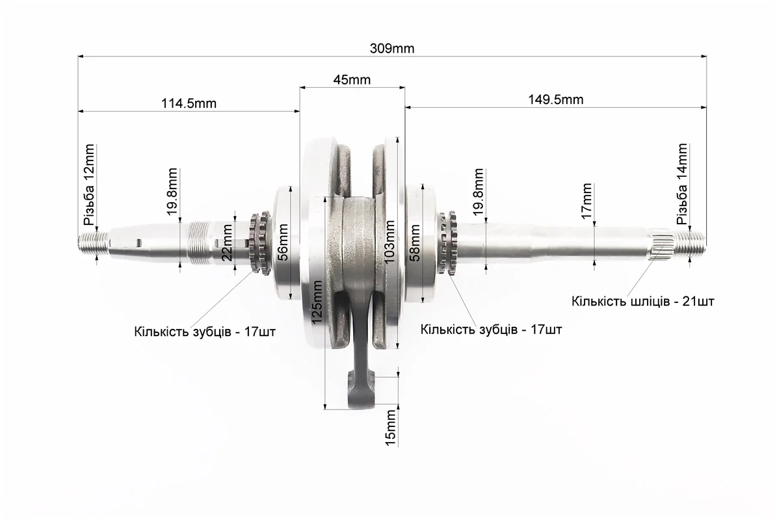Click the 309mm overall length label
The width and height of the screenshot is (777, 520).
pyautogui.click(x=392, y=49)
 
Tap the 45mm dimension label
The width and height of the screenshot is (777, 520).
pyautogui.click(x=352, y=80)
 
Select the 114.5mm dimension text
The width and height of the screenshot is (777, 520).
pyautogui.click(x=189, y=103)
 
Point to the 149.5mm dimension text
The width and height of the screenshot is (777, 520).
pyautogui.click(x=555, y=99)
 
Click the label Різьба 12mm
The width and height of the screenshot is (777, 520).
pyautogui.click(x=89, y=185)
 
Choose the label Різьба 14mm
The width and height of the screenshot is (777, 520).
pyautogui.click(x=682, y=184)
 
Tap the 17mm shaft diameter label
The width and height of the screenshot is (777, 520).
pyautogui.click(x=586, y=201)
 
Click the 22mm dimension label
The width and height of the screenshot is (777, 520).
pyautogui.click(x=227, y=242)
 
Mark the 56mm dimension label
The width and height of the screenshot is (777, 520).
pyautogui.click(x=282, y=242)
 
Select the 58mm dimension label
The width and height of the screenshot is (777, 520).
pyautogui.click(x=415, y=242)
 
